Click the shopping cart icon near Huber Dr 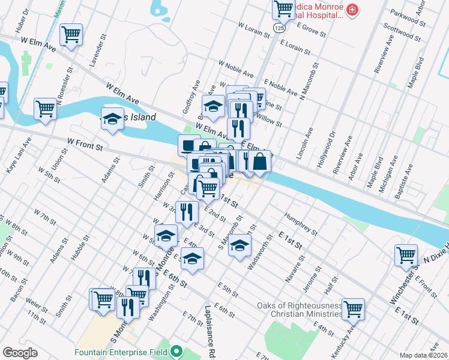71,34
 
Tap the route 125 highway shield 278,28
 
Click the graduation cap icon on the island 112,119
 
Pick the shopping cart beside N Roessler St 45,109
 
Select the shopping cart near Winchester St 406,254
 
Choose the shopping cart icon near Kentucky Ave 353,308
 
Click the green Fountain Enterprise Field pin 176,350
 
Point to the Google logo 20,353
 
